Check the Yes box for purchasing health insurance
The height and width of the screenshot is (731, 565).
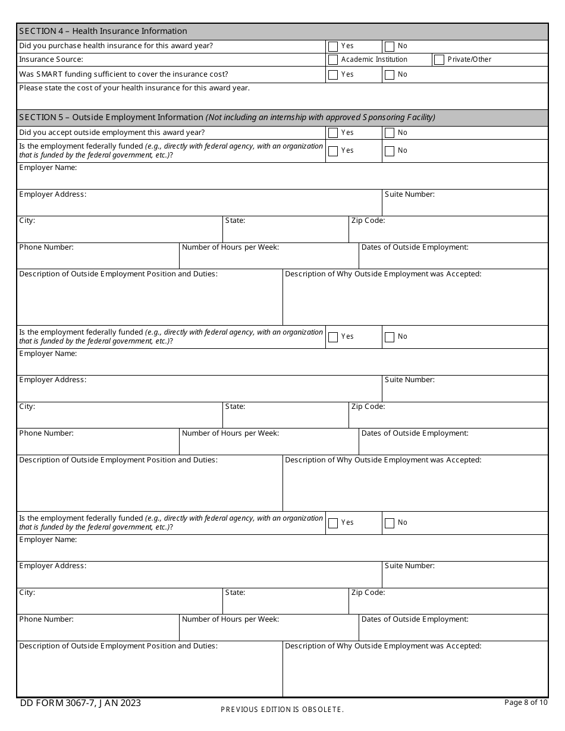333,46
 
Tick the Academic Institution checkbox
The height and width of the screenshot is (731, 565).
333,59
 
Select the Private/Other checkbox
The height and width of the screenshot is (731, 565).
439,59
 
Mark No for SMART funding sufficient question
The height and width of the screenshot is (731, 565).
390,75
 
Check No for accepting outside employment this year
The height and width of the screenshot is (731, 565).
390,133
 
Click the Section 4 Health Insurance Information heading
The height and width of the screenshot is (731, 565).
103,31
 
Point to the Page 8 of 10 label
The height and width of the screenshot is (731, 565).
526,702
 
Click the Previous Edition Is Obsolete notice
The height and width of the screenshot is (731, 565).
282,710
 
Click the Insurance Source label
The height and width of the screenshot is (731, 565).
51,59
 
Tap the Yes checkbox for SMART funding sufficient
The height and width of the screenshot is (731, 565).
333,75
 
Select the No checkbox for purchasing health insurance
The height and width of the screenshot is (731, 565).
390,46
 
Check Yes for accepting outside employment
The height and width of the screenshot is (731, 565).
333,133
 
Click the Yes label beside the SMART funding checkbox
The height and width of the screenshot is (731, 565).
347,75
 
